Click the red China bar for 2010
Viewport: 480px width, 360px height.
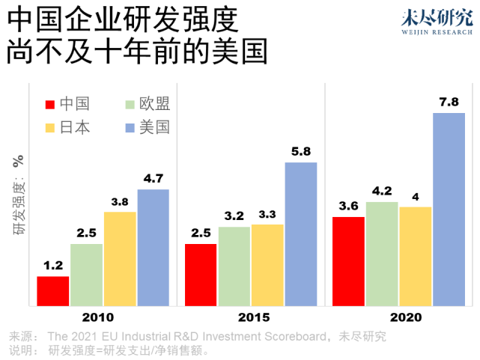click(53, 291)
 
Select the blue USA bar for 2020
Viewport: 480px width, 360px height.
click(449, 210)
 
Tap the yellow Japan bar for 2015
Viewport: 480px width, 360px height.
click(267, 265)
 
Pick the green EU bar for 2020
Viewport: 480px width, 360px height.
click(382, 254)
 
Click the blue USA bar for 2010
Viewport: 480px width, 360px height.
click(153, 248)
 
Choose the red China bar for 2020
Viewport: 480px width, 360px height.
click(348, 261)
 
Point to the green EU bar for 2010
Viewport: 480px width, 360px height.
click(87, 275)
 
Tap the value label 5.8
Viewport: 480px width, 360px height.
click(301, 151)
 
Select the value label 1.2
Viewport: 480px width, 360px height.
click(53, 265)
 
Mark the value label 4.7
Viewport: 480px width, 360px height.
click(153, 178)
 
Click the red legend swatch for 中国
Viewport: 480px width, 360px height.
click(51, 104)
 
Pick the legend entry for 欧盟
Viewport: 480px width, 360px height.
click(155, 104)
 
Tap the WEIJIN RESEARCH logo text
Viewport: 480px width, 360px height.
click(434, 32)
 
